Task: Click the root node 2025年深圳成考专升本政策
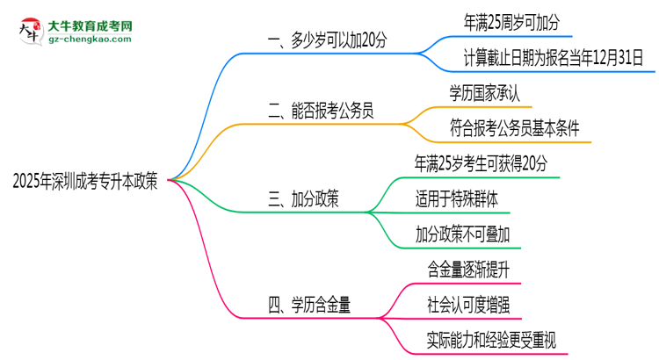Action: (86, 181)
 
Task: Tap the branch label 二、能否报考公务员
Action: (320, 110)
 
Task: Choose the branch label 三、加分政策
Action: (303, 200)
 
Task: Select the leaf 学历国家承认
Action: (490, 93)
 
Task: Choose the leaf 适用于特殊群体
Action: (457, 199)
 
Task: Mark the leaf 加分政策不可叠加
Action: (463, 234)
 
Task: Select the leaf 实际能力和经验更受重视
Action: (491, 339)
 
